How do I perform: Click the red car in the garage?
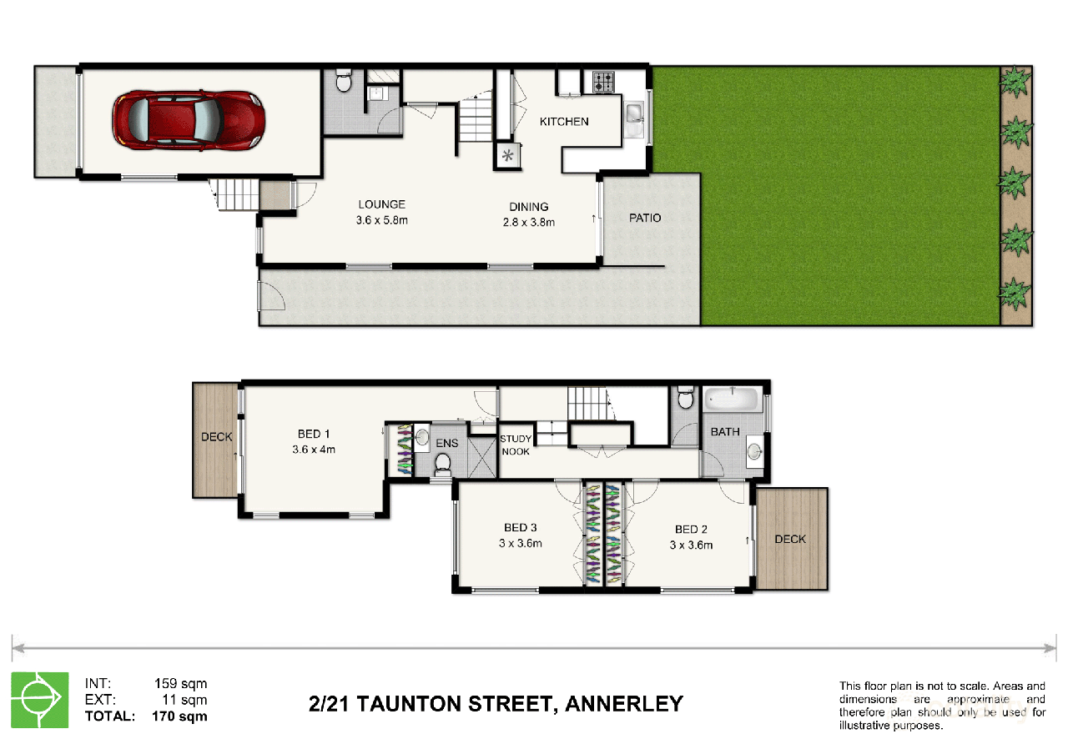coord(189,121)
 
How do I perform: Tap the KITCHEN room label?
coord(564,122)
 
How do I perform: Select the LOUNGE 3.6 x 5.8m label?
coord(382,212)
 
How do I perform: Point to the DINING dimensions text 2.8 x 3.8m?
coord(529,222)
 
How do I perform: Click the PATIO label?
coord(645,218)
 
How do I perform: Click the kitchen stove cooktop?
coord(603,82)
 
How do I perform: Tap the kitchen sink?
coord(633,113)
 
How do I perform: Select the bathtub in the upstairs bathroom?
coord(732,399)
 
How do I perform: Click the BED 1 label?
coord(314,434)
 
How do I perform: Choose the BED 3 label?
coord(521,528)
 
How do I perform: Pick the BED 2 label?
coord(691,530)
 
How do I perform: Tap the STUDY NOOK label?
coord(515,445)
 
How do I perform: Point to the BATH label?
coord(725,432)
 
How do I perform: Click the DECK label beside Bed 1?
coord(216,437)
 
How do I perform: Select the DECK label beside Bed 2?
coord(789,539)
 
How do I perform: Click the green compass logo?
coord(39,700)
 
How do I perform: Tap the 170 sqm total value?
coord(179,716)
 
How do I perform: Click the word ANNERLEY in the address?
coord(624,704)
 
